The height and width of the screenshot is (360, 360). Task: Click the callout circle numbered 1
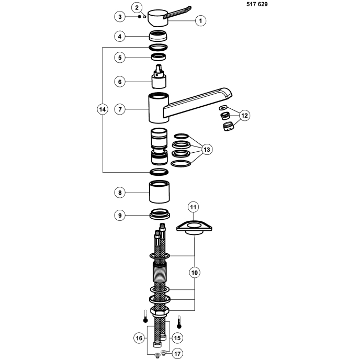(200, 20)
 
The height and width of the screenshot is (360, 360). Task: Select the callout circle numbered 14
(103, 109)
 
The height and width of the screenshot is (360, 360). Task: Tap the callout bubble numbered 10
(194, 273)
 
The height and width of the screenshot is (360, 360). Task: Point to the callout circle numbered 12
(244, 115)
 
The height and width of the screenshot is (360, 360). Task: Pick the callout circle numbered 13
(207, 150)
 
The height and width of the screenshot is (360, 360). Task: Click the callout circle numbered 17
(177, 354)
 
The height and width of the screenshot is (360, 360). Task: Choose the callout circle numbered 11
(193, 207)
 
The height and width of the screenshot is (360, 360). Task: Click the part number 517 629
(257, 4)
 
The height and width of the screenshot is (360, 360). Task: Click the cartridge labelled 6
(159, 76)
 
